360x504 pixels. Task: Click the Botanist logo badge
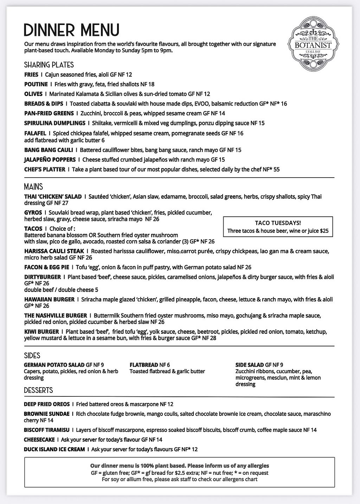(310, 45)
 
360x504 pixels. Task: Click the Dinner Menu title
(71, 30)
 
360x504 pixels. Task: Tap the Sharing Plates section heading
(49, 65)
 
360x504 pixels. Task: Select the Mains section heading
(33, 186)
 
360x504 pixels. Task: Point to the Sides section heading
(32, 356)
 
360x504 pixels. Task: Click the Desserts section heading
(38, 390)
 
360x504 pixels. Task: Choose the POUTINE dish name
(36, 84)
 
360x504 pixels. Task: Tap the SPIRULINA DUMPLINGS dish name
(54, 123)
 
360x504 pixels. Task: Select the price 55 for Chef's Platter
(276, 170)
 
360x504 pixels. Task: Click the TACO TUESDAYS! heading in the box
(278, 223)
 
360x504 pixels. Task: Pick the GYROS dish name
(33, 213)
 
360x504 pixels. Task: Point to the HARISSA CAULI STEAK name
(54, 251)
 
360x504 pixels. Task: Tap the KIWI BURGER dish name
(41, 332)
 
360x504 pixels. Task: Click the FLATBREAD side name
(144, 365)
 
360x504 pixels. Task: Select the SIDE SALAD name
(250, 365)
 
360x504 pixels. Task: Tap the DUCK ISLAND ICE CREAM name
(54, 449)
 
